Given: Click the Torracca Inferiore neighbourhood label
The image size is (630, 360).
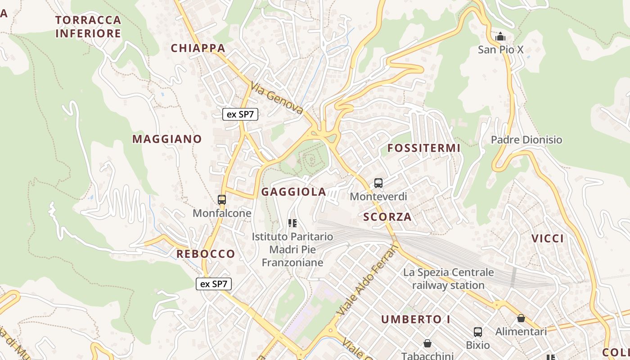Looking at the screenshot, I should coord(88,27).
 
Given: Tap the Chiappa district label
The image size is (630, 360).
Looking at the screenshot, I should coord(198,48).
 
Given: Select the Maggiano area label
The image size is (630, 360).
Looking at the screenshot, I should coord(167,139).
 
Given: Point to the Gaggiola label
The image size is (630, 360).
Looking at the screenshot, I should coord(294,192).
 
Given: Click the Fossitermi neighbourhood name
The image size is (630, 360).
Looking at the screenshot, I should coord(424,148).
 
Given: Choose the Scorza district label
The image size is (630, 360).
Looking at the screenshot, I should coord(387,217).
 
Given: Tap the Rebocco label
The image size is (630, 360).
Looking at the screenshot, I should coord(206,254).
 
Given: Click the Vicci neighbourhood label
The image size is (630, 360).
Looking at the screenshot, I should coord(548,238).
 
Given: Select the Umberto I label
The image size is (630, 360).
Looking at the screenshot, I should coord(416,319).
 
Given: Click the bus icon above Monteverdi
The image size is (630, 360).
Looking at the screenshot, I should coord(378,183).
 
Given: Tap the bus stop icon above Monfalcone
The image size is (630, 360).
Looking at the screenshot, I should coord(222,199).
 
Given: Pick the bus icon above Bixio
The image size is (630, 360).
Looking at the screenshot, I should coord(478,332).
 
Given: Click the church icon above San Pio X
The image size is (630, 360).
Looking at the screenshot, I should coord(500,36).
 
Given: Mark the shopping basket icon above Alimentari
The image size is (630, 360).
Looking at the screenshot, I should coord(521,318).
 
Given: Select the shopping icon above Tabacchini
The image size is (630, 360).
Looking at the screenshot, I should coord(427,343).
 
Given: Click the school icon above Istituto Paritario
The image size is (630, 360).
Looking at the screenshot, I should coord(292,223).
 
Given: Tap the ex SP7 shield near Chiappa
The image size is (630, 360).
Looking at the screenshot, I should coord(240,114).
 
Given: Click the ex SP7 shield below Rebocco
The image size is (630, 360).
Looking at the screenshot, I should coord(214,284).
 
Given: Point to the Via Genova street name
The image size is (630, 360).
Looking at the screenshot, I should coord(277,98).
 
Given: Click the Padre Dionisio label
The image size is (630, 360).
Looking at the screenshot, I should coord(526,140).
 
